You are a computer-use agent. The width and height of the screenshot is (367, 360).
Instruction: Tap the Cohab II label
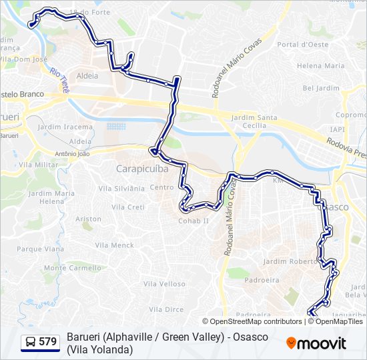tap(194, 221)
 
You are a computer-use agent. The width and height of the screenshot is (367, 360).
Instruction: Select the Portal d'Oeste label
tap(303, 45)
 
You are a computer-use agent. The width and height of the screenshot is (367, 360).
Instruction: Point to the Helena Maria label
tap(321, 66)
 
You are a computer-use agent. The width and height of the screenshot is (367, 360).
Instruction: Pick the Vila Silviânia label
tap(122, 189)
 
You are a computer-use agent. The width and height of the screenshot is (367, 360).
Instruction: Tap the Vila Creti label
tap(127, 207)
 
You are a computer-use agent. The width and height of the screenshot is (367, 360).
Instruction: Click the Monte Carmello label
tap(72, 268)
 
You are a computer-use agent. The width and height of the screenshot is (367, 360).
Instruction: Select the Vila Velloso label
tap(163, 284)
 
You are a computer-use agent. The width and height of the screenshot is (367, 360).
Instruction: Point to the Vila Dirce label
tap(166, 309)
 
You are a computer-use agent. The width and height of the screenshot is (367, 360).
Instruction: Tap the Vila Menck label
tap(114, 245)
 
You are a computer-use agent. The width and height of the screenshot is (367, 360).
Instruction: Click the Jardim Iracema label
tap(65, 127)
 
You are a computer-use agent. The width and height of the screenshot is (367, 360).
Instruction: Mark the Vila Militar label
tap(39, 164)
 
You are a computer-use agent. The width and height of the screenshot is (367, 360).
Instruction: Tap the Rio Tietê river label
tap(60, 79)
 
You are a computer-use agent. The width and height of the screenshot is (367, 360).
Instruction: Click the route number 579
tap(47, 342)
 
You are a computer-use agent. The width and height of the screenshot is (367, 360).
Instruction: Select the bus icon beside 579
tap(31, 342)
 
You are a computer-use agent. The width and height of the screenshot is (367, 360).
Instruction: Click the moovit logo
tap(316, 343)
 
